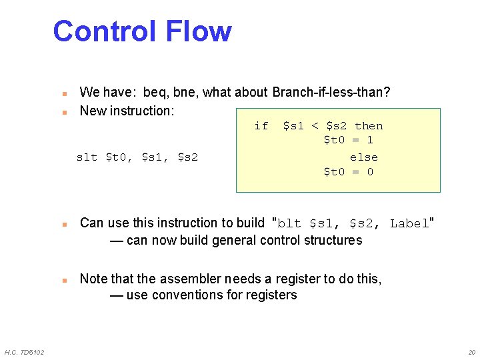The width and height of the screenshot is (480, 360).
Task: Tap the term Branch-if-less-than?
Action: point(331,92)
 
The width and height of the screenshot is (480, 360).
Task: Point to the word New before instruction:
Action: point(93,111)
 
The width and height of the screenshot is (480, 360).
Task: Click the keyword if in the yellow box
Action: point(261,126)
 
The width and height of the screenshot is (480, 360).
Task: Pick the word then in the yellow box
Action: point(369,126)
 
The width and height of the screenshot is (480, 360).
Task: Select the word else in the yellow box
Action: point(364,158)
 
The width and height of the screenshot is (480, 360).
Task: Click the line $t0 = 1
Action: point(348,140)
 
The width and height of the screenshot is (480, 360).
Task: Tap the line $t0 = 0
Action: point(348,172)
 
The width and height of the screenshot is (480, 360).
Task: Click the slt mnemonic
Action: point(87,158)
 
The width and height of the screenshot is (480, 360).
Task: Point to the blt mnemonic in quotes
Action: point(289,224)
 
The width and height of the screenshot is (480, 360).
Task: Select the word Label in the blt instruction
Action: point(409,224)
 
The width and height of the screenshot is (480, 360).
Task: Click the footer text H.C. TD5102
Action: point(24,352)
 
